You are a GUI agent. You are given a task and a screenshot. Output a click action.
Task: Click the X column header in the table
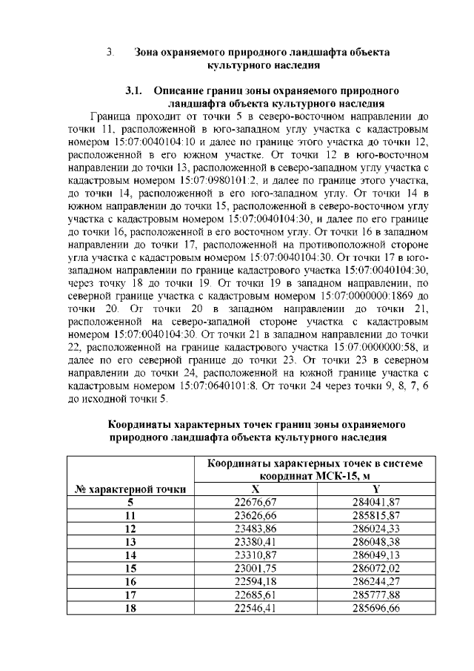click(x=255, y=489)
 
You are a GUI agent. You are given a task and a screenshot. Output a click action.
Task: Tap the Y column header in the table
click(x=376, y=489)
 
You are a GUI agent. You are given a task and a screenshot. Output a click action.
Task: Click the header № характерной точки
click(x=130, y=489)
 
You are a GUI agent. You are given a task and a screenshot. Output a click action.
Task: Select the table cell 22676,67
click(x=255, y=502)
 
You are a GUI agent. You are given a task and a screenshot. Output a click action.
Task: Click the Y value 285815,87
click(x=376, y=515)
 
